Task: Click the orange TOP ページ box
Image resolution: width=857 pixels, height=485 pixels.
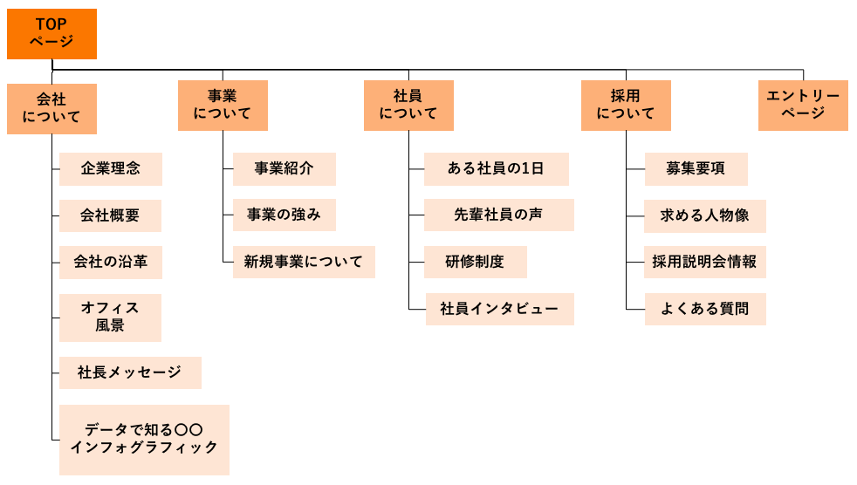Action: (x=51, y=33)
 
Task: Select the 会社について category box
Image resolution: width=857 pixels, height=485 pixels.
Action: (x=51, y=108)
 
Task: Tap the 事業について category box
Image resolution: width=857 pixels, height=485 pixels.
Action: (x=223, y=106)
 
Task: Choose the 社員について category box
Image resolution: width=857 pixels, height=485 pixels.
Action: (x=408, y=106)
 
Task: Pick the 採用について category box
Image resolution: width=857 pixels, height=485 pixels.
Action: (x=626, y=106)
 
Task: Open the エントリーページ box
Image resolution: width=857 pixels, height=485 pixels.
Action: (x=803, y=106)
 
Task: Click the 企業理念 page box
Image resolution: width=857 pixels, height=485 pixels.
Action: (x=110, y=169)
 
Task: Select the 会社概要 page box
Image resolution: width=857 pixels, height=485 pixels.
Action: (x=110, y=215)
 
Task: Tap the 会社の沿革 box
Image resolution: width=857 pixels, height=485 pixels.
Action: (x=110, y=262)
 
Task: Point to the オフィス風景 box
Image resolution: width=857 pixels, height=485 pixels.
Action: (x=110, y=317)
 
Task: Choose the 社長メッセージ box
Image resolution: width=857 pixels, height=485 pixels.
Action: (x=130, y=372)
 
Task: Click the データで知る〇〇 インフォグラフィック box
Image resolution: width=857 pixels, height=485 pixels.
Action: (x=144, y=439)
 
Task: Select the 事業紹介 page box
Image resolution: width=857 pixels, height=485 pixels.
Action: (x=284, y=169)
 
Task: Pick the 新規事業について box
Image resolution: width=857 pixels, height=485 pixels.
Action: (x=303, y=262)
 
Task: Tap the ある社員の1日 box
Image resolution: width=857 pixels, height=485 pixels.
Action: (x=496, y=169)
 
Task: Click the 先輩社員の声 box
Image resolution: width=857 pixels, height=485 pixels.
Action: (x=498, y=215)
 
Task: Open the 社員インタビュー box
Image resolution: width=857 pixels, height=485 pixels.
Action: (x=499, y=309)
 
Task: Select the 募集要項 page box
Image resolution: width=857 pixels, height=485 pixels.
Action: (x=696, y=169)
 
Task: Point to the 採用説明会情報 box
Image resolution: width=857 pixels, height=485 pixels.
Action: (x=704, y=262)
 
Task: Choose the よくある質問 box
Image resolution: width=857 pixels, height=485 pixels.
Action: (x=704, y=309)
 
